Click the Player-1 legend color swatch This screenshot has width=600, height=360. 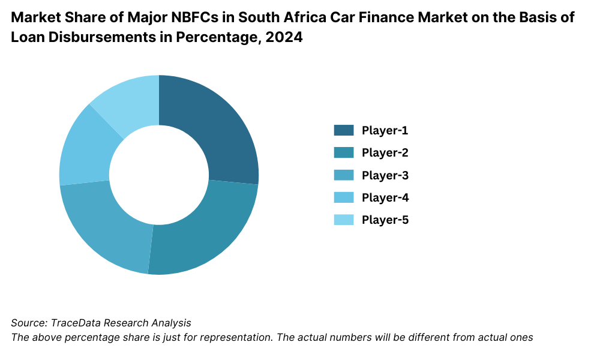point(344,130)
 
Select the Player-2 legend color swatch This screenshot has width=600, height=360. point(344,152)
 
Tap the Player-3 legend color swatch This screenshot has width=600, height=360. point(344,175)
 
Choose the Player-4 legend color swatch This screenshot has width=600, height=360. point(344,197)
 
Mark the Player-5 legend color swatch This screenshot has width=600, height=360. point(344,220)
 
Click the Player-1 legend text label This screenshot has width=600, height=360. point(385,130)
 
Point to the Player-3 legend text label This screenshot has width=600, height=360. point(385,175)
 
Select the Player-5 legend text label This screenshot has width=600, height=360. point(385,220)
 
